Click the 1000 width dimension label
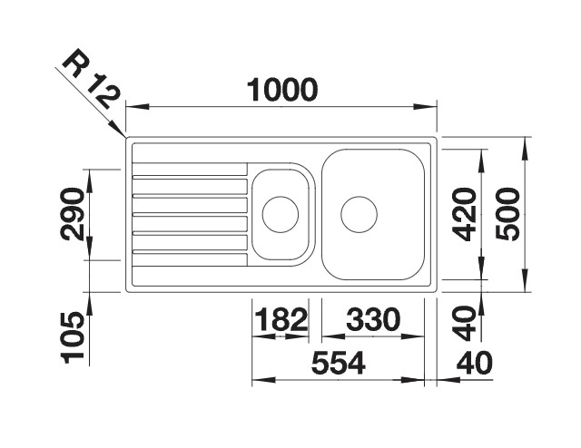click(281, 89)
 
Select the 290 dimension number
click(74, 214)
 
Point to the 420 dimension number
click(464, 215)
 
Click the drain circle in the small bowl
click(280, 215)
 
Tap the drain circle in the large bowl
click(359, 215)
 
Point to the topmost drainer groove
click(190, 169)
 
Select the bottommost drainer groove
click(190, 261)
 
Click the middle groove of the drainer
click(190, 215)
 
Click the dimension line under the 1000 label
click(281, 106)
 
